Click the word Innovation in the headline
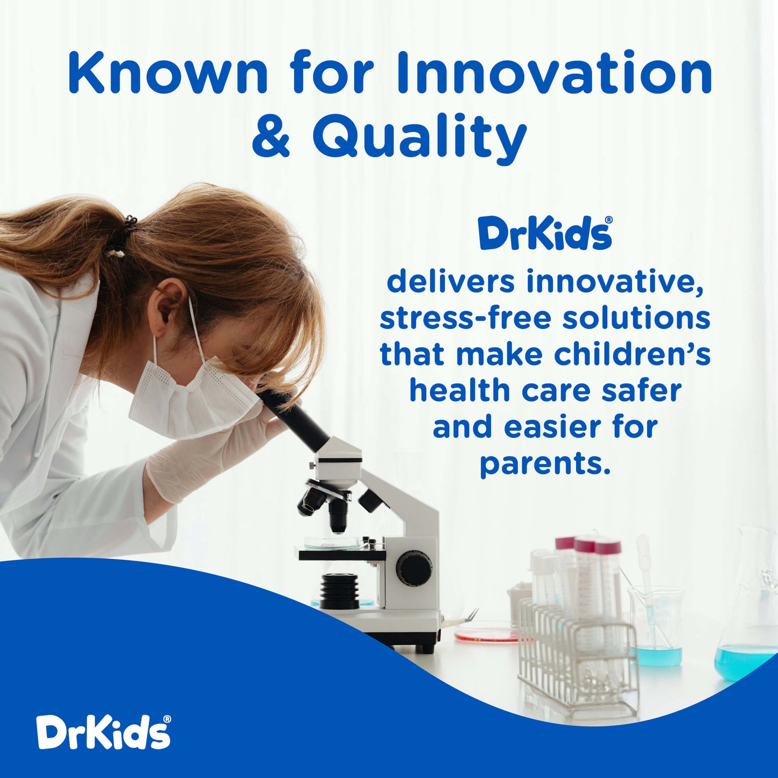pyautogui.click(x=555, y=73)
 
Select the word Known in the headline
pyautogui.click(x=167, y=73)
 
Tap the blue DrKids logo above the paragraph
pyautogui.click(x=545, y=234)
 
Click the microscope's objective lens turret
pyautogui.click(x=328, y=501)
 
